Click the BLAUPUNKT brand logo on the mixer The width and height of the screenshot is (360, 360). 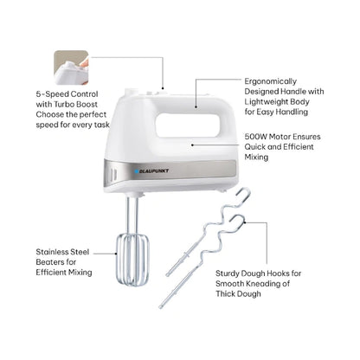pos(151,171)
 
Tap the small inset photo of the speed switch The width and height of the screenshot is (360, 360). pos(71,67)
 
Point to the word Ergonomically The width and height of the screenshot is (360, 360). pos(271,81)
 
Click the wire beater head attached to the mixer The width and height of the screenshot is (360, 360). pos(132,260)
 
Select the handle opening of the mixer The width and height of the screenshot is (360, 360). pos(190,125)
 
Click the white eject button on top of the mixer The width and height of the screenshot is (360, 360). pos(130,93)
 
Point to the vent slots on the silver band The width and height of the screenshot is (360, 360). pos(113,175)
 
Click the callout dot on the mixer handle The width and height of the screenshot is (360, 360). pos(196,107)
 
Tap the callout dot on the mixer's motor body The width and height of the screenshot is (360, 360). pos(192,145)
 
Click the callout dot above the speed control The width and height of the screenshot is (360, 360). pos(163,88)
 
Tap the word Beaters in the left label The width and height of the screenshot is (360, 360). pos(56,262)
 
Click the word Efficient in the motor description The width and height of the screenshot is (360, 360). pos(298,147)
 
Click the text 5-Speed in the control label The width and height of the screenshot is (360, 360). pos(52,94)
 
